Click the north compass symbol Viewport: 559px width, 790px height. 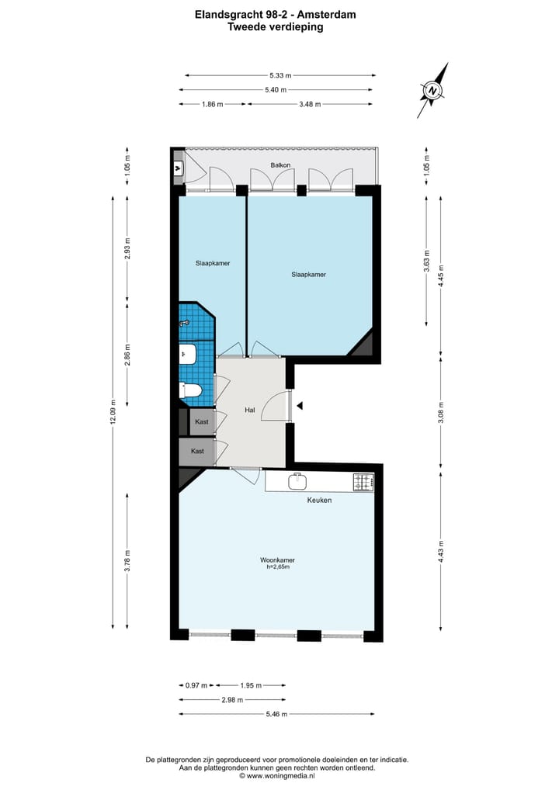click(x=432, y=92)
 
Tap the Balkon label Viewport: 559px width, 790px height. click(x=280, y=165)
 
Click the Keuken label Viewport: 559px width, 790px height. click(x=318, y=501)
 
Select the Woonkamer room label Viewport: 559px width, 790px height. click(x=277, y=560)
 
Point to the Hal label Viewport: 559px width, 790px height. click(x=249, y=410)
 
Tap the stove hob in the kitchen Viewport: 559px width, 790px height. click(x=363, y=482)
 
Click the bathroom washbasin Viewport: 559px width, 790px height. click(x=186, y=355)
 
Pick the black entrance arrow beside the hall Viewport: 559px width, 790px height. click(x=298, y=405)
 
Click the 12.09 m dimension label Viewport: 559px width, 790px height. click(x=113, y=411)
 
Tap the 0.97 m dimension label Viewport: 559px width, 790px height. click(x=196, y=685)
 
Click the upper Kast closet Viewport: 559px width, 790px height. click(x=202, y=421)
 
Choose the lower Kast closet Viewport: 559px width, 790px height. click(x=197, y=451)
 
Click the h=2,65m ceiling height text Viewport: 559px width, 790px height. click(x=277, y=567)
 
